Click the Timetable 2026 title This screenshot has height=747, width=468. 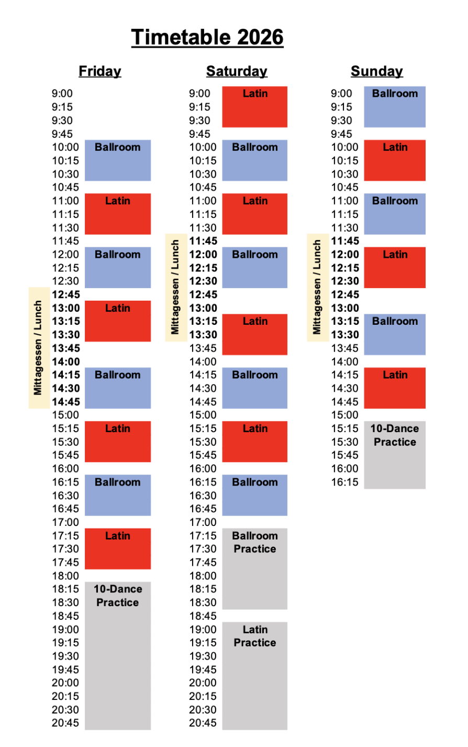(207, 38)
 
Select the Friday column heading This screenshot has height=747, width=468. (100, 71)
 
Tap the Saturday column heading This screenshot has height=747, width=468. (237, 71)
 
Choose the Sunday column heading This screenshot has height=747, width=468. (377, 71)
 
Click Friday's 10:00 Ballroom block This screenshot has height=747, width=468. (118, 160)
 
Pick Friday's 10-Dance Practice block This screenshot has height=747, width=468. (118, 655)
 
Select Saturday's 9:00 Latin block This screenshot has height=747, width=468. (255, 107)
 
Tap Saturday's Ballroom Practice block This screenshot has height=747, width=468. (255, 568)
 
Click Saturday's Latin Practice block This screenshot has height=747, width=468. (255, 676)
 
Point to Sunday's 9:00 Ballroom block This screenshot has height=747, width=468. (395, 107)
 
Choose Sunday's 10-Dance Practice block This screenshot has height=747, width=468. (395, 455)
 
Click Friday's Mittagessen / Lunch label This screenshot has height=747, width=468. (38, 348)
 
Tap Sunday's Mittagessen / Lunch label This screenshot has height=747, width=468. (317, 287)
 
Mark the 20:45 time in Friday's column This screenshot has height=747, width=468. (65, 723)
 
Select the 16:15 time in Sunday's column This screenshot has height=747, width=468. (345, 482)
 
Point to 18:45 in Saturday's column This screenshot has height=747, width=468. (203, 616)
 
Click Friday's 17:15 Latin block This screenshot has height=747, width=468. (118, 548)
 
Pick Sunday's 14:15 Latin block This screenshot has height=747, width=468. (395, 388)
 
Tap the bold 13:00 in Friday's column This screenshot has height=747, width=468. (66, 308)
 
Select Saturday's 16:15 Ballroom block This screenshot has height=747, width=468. (255, 495)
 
